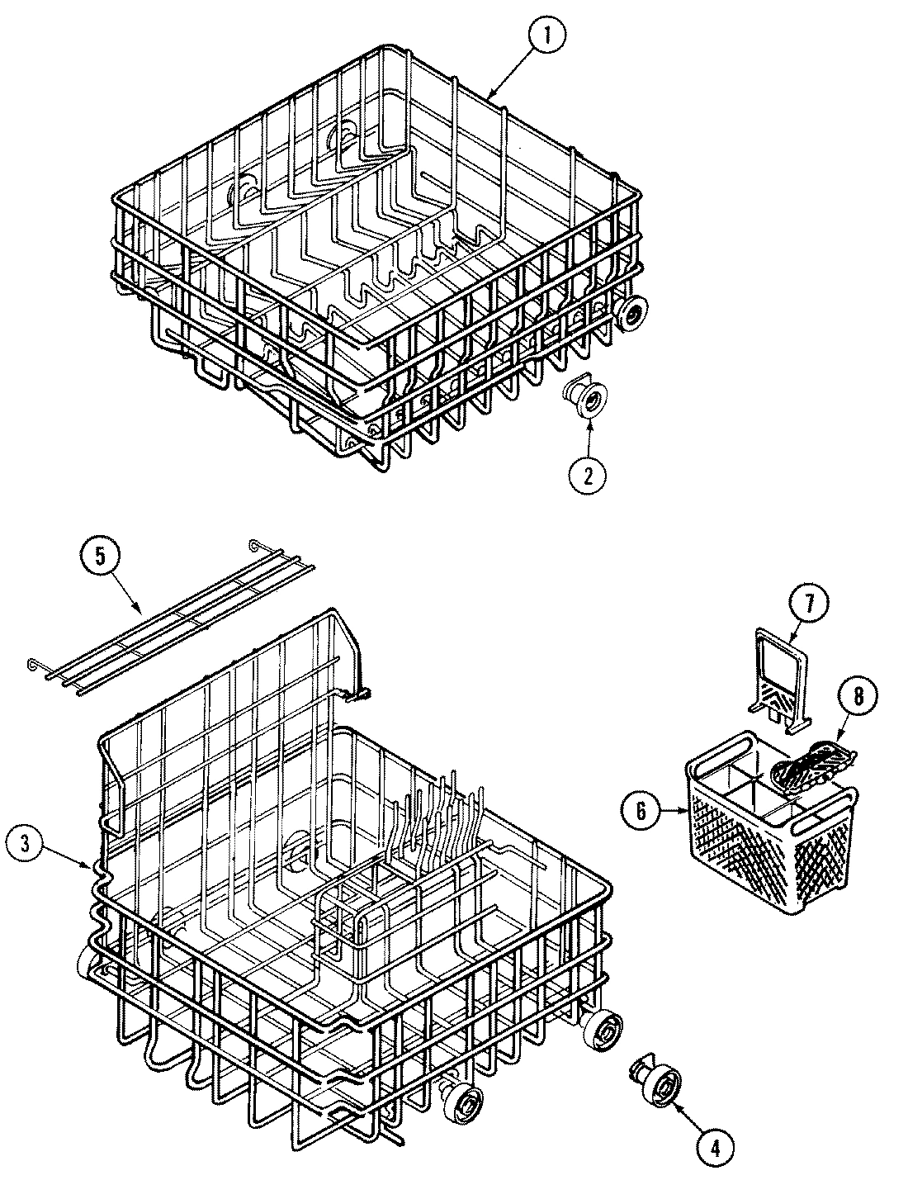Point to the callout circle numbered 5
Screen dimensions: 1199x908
pos(100,557)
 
